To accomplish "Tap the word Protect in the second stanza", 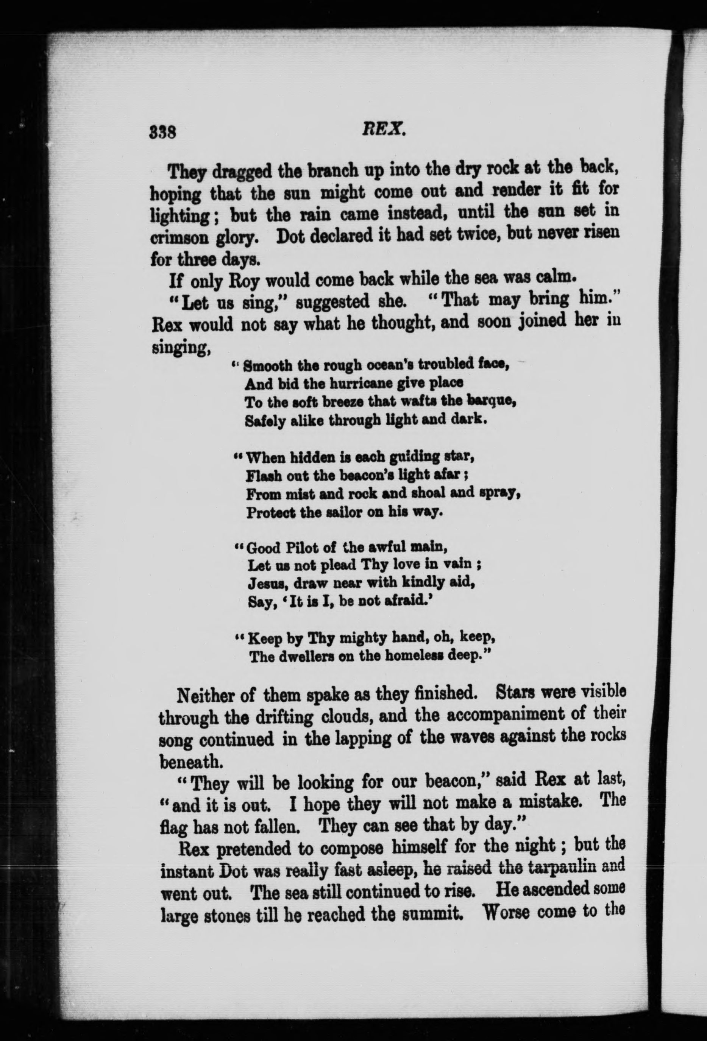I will pos(269,513).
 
